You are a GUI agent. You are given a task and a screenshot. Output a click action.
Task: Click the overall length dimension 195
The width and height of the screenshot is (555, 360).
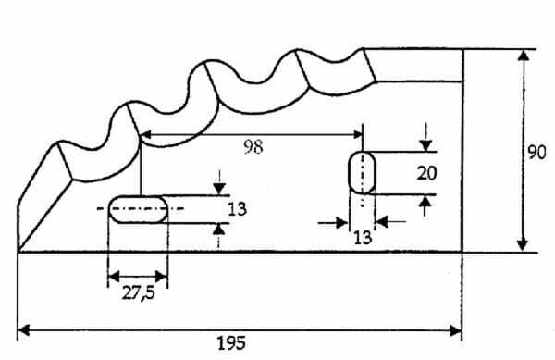[231, 343]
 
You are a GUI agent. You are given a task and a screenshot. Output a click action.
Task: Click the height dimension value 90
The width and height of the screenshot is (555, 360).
[536, 153]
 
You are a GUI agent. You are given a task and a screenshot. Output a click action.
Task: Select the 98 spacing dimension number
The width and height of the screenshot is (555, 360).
[253, 146]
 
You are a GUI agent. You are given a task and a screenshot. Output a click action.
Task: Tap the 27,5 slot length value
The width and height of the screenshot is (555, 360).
[139, 293]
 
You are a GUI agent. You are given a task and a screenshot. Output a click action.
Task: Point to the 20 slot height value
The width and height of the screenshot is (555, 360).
[426, 173]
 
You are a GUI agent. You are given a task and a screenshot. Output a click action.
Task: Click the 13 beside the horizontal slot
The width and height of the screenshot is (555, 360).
[237, 209]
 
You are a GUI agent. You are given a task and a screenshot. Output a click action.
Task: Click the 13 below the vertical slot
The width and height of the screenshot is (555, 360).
[363, 238]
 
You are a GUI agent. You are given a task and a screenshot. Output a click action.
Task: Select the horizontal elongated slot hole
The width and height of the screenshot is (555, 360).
[138, 209]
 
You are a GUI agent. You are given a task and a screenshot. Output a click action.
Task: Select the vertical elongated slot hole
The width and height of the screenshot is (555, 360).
[362, 173]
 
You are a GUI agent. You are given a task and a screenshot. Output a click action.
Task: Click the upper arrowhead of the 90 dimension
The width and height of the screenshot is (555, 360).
[524, 56]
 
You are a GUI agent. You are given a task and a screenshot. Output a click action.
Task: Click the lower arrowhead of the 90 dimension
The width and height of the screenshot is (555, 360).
[523, 245]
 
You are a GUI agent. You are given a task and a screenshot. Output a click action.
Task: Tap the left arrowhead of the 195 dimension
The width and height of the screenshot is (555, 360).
[24, 331]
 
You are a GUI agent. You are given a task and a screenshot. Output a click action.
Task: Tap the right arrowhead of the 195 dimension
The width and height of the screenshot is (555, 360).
[455, 331]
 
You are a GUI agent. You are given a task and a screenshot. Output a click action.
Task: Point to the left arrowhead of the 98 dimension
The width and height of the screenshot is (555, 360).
[146, 134]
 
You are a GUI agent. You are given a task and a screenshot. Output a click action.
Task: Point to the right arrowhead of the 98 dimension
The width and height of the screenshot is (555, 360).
[357, 134]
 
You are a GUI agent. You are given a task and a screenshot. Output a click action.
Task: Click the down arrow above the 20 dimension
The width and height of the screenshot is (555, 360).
[425, 145]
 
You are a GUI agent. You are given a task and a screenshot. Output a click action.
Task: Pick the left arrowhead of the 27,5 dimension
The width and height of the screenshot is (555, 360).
[114, 277]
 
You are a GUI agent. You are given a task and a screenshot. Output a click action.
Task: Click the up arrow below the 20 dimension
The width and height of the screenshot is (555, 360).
[425, 202]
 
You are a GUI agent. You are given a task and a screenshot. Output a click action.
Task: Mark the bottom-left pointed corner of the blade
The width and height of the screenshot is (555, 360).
[18, 251]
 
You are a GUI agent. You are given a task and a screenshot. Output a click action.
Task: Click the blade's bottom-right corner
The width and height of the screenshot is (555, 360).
[462, 252]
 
